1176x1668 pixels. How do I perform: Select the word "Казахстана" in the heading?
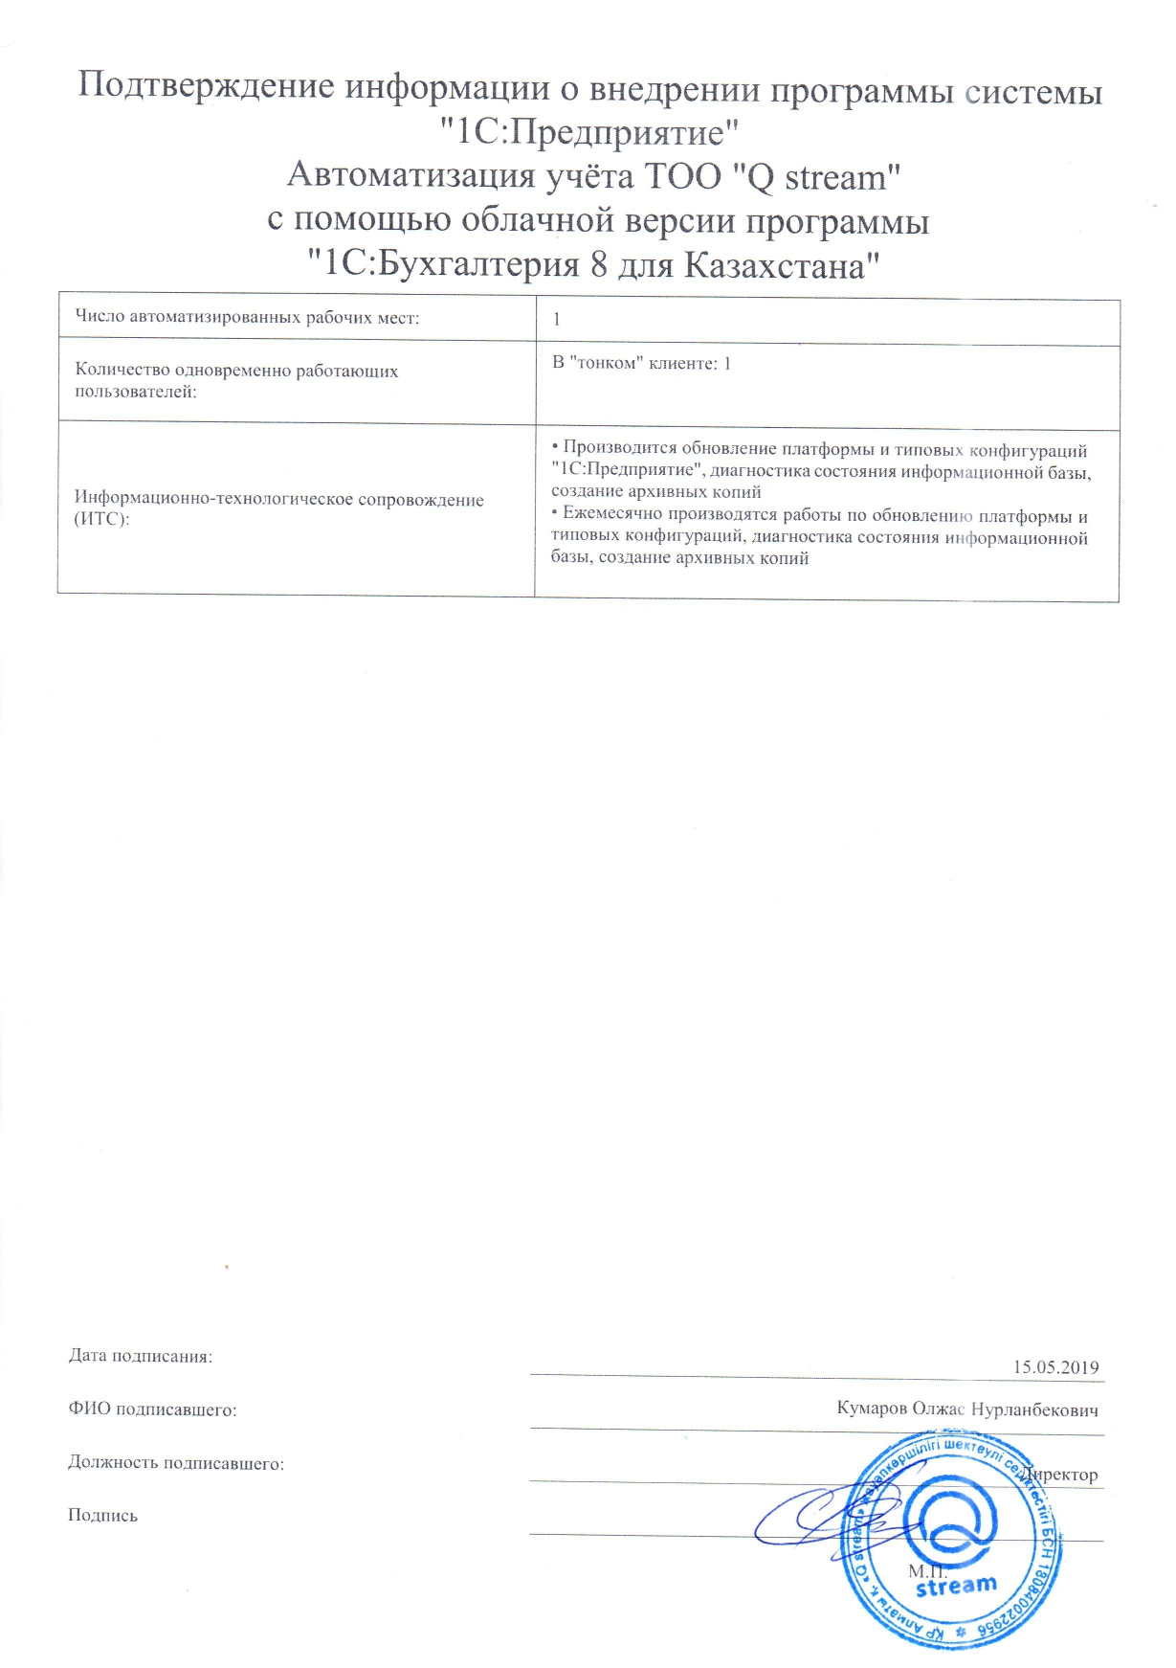[x=775, y=265]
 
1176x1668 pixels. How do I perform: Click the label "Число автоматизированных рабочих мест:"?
[x=247, y=318]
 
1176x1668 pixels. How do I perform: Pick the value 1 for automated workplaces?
[x=557, y=320]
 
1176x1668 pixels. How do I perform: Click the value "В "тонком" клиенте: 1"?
[x=641, y=364]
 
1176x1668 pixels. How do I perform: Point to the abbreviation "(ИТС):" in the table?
[x=101, y=519]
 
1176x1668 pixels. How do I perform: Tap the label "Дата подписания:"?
[x=141, y=1356]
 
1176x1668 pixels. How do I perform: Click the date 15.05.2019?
[x=1055, y=1367]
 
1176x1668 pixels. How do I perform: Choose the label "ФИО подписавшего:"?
[x=152, y=1409]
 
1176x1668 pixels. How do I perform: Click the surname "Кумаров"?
[x=871, y=1409]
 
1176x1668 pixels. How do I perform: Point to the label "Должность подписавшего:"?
[x=176, y=1463]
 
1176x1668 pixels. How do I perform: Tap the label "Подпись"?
[x=102, y=1515]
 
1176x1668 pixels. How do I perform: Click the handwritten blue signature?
[x=813, y=1516]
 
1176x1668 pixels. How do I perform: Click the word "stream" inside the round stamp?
[x=956, y=1587]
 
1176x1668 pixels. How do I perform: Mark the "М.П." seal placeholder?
[x=926, y=1570]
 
